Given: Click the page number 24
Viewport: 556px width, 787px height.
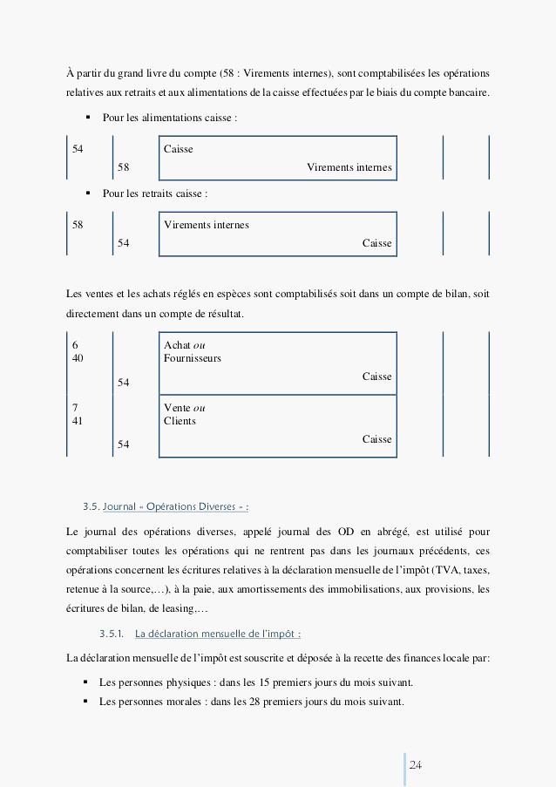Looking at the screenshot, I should [x=415, y=764].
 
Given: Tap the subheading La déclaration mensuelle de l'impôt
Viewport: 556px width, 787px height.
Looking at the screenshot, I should [x=219, y=633].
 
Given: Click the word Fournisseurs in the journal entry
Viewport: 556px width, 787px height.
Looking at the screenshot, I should [x=192, y=358].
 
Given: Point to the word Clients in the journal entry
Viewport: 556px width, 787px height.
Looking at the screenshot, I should [x=180, y=421].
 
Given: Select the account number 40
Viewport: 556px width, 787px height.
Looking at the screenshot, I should [x=78, y=358].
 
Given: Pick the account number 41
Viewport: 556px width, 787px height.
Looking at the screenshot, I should [x=78, y=421].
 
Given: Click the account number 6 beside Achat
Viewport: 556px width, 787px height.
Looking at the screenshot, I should [x=75, y=345].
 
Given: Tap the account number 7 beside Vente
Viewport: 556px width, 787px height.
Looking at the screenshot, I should [x=75, y=408].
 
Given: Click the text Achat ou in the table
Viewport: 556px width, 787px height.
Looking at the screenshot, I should [x=184, y=345].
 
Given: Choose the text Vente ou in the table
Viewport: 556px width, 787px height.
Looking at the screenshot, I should [x=184, y=408].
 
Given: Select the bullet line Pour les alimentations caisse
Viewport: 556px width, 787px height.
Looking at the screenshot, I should [x=169, y=117].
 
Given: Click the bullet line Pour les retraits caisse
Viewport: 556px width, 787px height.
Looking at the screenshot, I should [x=154, y=193].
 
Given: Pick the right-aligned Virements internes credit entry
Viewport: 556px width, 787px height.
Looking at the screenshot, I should [x=349, y=167].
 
